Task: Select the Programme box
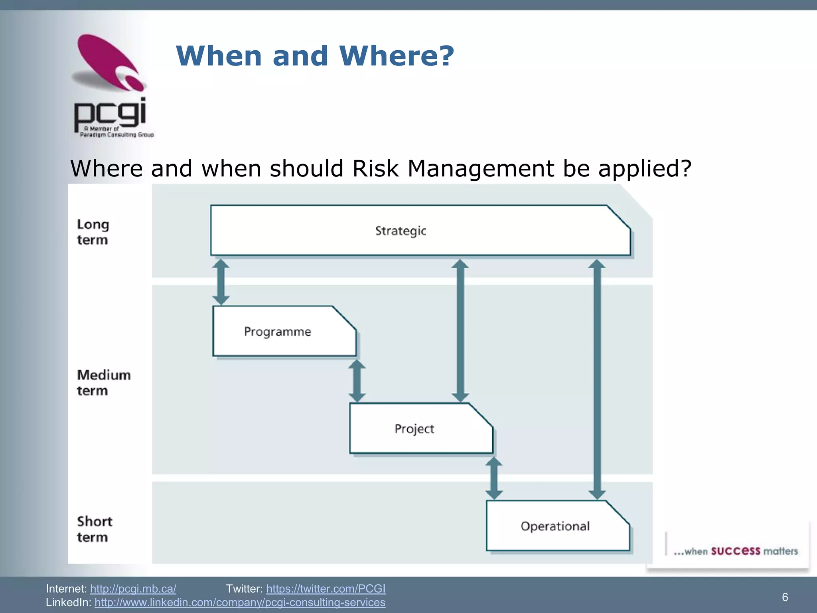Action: (284, 331)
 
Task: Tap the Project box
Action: (421, 428)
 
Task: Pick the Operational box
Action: (558, 526)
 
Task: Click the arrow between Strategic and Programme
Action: (221, 282)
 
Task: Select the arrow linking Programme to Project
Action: (357, 381)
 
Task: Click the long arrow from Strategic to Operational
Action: (597, 379)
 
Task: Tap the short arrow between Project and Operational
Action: (494, 478)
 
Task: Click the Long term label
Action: (93, 232)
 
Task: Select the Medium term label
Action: (104, 382)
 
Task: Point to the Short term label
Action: (95, 529)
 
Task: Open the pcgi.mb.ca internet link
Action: (133, 589)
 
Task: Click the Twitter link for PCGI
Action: (326, 589)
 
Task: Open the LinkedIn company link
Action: (240, 602)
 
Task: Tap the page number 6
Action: (785, 597)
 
